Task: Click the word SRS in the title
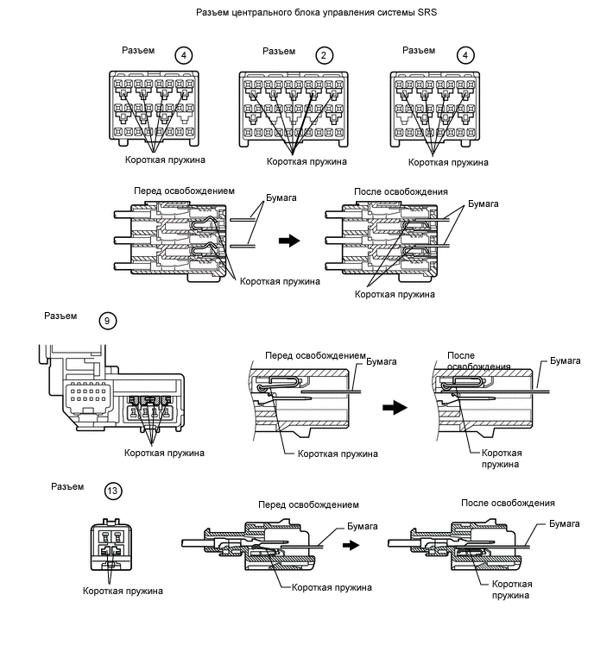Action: click(427, 12)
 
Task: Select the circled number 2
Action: click(325, 55)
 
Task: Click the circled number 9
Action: click(108, 321)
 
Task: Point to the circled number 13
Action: click(112, 491)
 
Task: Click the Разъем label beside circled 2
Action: click(279, 52)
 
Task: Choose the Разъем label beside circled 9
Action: click(60, 316)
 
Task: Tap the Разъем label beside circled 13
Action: click(67, 486)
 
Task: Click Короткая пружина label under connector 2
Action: click(306, 162)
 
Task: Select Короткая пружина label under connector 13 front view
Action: click(123, 591)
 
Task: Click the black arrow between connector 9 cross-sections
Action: click(395, 407)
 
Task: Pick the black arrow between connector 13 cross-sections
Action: click(351, 545)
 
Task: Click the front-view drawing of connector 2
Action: click(294, 110)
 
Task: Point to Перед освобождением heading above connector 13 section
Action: click(308, 505)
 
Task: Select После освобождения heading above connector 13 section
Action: click(508, 504)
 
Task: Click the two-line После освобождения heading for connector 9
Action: click(479, 360)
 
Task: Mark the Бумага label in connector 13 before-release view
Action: click(363, 527)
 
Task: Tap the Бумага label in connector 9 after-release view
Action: click(566, 360)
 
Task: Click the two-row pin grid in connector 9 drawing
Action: click(88, 395)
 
